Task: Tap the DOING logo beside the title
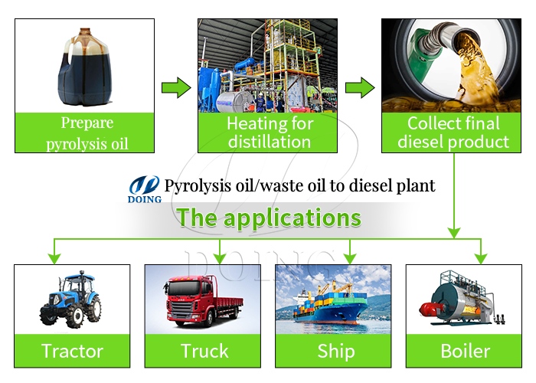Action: coord(145,188)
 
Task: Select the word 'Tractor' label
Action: coord(72,352)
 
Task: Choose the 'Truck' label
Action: coord(204,352)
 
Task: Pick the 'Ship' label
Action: coord(335,352)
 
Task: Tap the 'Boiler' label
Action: coord(465,352)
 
